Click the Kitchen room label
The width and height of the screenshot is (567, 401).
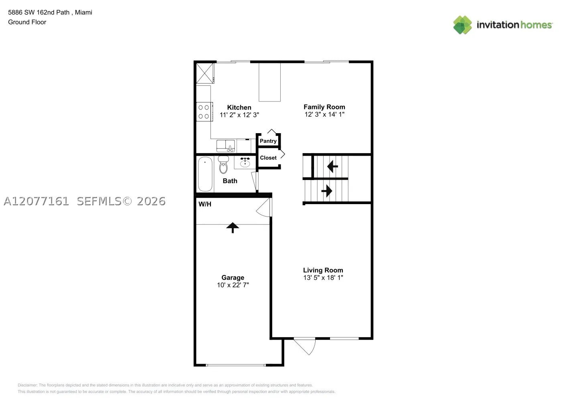[239, 107]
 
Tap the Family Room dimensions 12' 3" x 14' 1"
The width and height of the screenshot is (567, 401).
[324, 114]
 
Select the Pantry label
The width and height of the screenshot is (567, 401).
[268, 141]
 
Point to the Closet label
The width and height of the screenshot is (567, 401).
[268, 158]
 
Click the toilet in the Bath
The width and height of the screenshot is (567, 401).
[223, 165]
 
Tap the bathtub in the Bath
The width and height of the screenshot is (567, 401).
[205, 174]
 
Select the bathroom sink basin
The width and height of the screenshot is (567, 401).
[245, 162]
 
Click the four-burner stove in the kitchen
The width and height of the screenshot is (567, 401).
[204, 111]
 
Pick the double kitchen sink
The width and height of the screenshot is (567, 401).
[225, 146]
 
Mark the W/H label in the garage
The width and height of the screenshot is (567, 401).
[205, 204]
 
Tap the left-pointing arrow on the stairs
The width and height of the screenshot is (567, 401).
[332, 166]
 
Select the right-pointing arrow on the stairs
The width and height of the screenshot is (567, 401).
[327, 190]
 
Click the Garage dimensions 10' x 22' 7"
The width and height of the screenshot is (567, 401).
[233, 285]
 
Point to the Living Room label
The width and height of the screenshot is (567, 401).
[323, 270]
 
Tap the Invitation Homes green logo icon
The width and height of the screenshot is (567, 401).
[462, 25]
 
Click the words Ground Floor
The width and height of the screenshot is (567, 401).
[27, 22]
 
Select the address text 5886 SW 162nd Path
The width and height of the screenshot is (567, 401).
[39, 12]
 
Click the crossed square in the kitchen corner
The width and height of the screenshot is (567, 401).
[205, 73]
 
